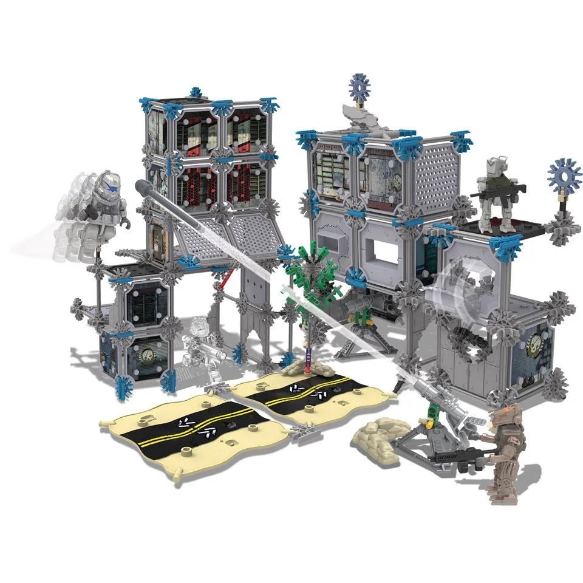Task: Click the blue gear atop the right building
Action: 361,88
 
